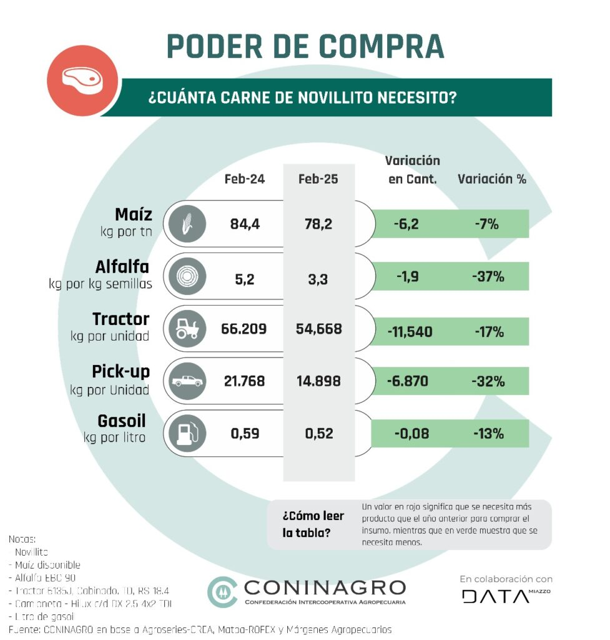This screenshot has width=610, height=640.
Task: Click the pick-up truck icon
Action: click(185, 381)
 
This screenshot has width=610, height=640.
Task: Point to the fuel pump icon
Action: click(185, 432)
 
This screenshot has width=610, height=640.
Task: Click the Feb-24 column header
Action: click(245, 179)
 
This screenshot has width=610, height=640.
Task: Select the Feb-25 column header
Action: click(318, 179)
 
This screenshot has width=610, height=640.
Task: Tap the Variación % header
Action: click(492, 179)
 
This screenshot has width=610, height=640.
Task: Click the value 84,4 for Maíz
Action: click(245, 224)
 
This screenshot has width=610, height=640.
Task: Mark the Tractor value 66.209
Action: click(244, 329)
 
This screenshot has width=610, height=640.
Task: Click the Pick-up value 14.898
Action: click(318, 381)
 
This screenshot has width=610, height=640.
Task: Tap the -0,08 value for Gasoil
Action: click(412, 433)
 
